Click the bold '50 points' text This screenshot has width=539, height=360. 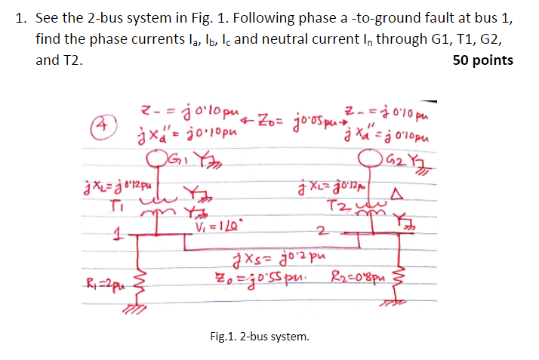482,60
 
